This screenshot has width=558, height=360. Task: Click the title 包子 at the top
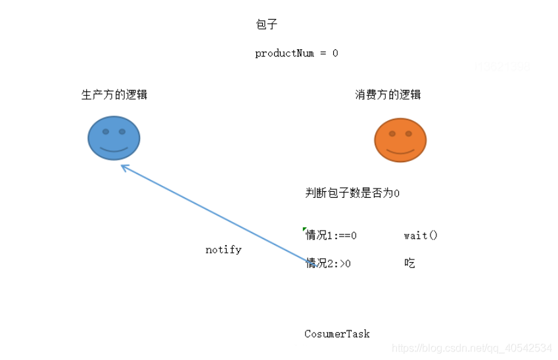[x=267, y=25]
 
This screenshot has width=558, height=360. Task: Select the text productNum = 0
[x=296, y=54]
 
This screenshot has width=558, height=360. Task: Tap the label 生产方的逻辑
[x=114, y=95]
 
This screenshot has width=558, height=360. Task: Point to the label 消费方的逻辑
[x=388, y=95]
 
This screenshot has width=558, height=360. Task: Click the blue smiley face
[x=114, y=138]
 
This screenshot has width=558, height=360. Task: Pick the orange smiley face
[x=400, y=139]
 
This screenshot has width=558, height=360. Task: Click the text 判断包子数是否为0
[x=353, y=193]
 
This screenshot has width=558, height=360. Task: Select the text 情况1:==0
[x=331, y=235]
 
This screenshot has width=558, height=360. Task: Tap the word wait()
[x=421, y=235]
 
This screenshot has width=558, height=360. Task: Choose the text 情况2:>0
[x=329, y=263]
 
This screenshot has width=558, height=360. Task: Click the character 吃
[x=410, y=263]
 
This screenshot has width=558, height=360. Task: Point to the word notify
[x=223, y=250]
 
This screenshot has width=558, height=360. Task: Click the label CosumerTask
[x=337, y=334]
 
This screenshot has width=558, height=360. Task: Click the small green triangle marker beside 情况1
[x=304, y=229]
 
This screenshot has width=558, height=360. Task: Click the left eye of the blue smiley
[x=105, y=131]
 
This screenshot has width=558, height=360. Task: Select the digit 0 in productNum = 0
[x=335, y=54]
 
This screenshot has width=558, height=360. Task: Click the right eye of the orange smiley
[x=409, y=133]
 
